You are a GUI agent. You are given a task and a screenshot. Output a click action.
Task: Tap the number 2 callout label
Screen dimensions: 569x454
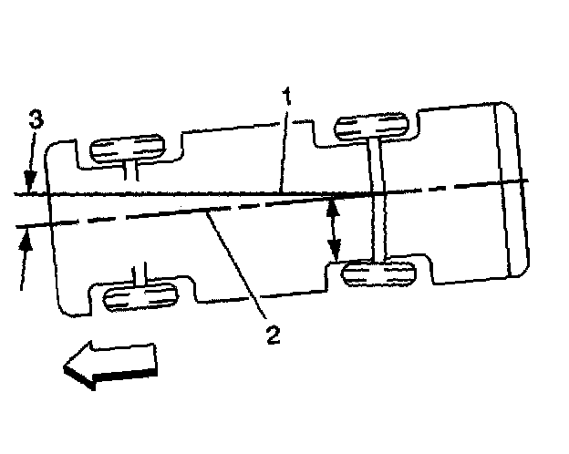272,335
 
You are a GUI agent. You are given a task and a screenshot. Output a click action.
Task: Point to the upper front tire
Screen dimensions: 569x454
130,148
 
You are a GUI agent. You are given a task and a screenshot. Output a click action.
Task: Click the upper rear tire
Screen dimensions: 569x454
372,127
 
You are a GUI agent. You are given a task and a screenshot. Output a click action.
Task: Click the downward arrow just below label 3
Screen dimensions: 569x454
30,178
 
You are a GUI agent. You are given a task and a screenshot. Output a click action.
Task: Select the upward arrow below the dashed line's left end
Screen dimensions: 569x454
26,251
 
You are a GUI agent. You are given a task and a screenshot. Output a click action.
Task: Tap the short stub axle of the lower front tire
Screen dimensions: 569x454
139,275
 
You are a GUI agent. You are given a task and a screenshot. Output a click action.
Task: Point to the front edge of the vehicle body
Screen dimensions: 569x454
55,228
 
